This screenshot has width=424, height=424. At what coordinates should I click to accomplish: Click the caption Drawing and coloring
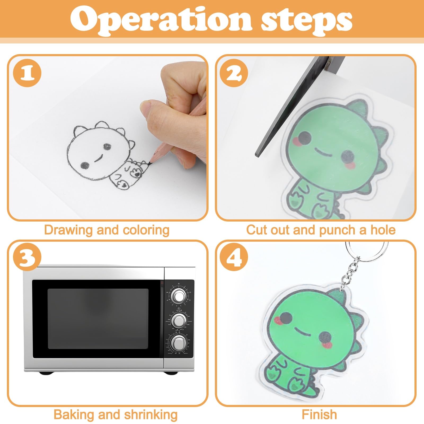coord(107,230)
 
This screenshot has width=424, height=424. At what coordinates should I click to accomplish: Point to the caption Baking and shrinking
coord(116,414)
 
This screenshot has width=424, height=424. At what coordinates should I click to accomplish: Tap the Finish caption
coord(319,414)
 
